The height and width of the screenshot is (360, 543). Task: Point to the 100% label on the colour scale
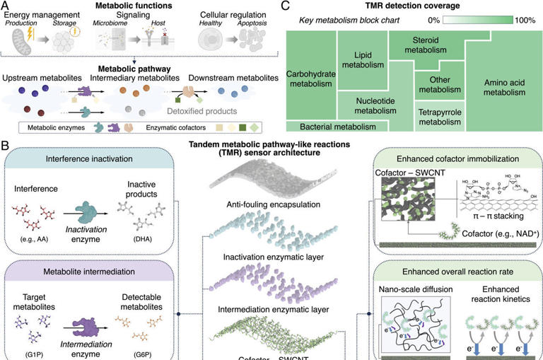click(525, 21)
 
